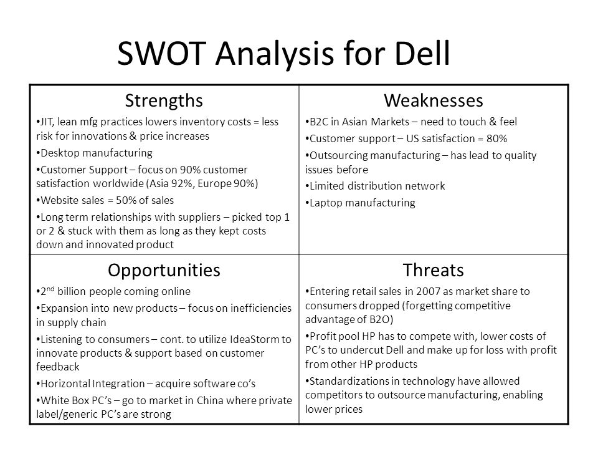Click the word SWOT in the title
[x=162, y=53]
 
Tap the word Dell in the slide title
[x=422, y=53]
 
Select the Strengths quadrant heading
[x=164, y=101]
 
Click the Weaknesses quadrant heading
[x=434, y=101]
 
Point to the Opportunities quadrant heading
[x=164, y=270]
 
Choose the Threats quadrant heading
[x=434, y=270]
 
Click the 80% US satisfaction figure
[x=496, y=138]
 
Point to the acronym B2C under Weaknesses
[x=319, y=122]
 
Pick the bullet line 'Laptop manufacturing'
[x=361, y=203]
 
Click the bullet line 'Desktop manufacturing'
[x=95, y=153]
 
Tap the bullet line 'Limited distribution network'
[x=375, y=186]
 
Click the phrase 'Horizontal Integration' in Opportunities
[x=93, y=384]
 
